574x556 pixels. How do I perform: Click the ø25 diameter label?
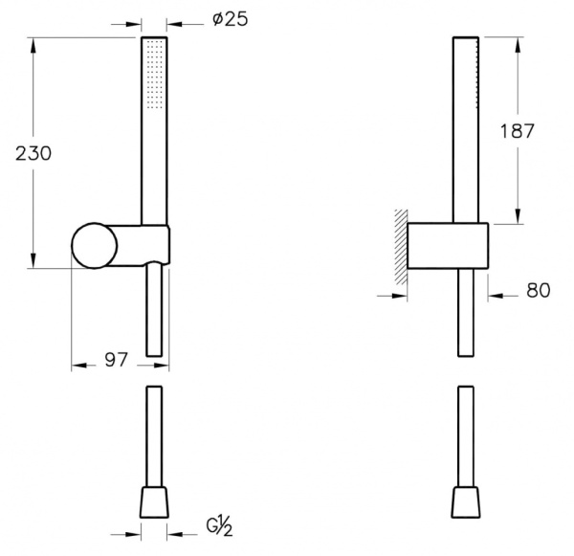click(230, 19)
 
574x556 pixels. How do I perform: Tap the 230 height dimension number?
click(33, 153)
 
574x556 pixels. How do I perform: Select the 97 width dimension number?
click(116, 360)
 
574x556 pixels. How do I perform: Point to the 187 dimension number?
click(517, 131)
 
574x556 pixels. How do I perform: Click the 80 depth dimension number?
click(538, 291)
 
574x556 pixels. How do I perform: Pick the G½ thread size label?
click(219, 527)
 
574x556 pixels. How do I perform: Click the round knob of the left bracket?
click(95, 246)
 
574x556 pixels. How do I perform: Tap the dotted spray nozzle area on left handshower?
click(154, 75)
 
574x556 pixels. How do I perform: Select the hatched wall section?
click(401, 247)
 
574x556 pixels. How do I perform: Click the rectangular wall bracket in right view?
click(448, 246)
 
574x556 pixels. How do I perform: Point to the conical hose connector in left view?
click(154, 502)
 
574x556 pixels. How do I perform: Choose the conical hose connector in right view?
click(466, 502)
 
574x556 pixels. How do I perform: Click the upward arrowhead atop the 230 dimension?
click(33, 46)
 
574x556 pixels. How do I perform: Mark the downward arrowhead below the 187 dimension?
click(518, 216)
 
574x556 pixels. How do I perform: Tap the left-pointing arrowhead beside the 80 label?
click(496, 296)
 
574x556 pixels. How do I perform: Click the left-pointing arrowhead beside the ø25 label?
click(174, 25)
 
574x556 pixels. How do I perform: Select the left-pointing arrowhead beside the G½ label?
click(175, 534)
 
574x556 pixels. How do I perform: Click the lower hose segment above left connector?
click(154, 436)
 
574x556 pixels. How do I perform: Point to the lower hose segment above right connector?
click(466, 436)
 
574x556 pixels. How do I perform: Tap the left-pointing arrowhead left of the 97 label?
click(79, 366)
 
